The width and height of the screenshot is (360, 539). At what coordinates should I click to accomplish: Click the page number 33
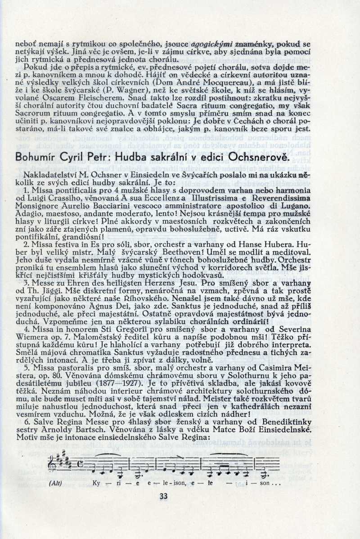click(x=163, y=496)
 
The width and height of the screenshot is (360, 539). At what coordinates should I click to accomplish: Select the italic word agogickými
click(x=212, y=45)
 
